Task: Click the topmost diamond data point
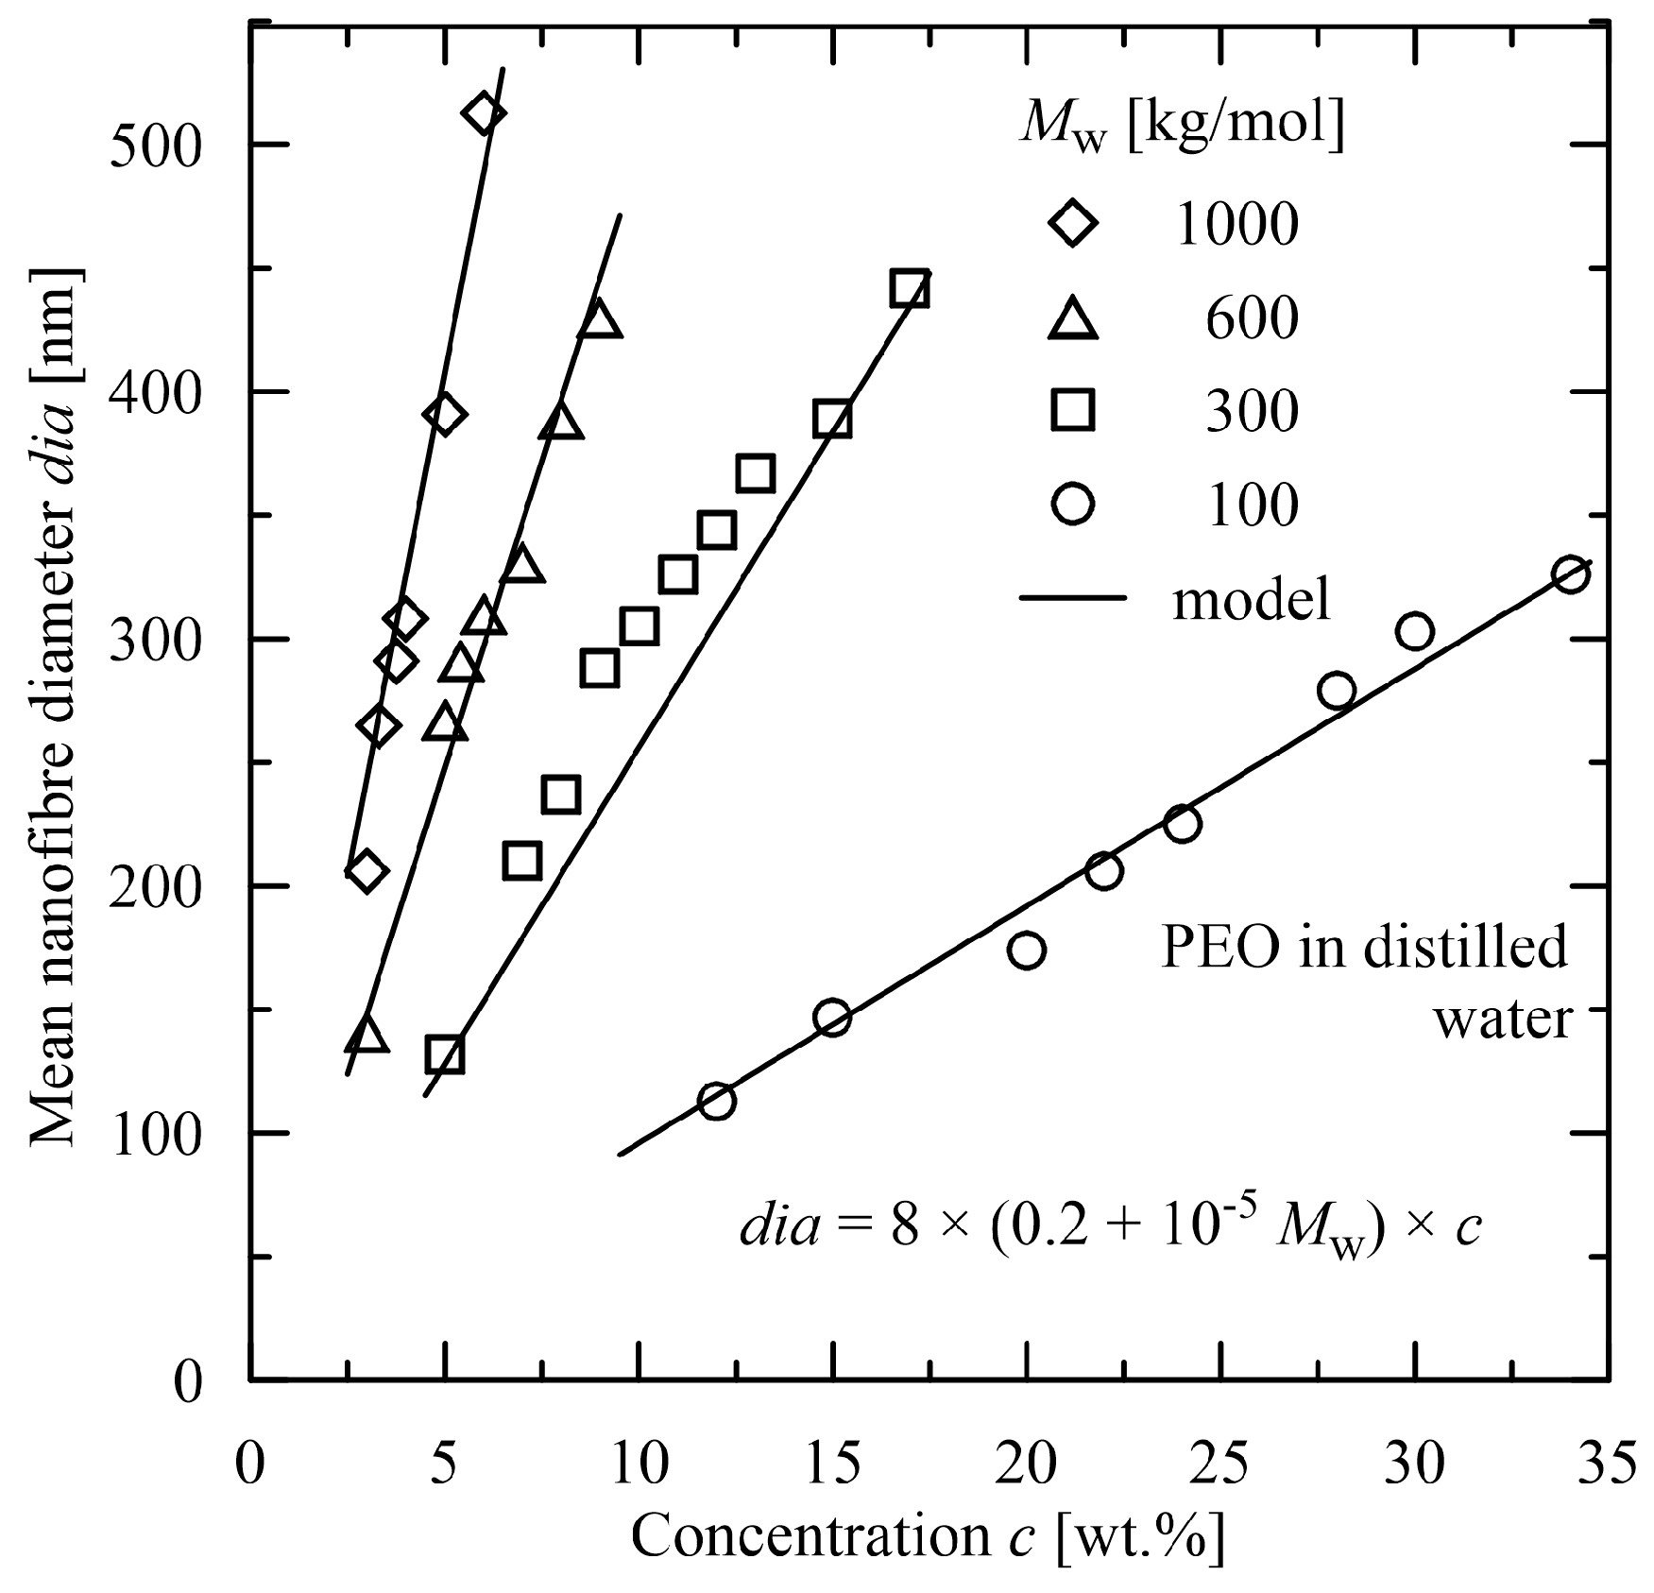[484, 113]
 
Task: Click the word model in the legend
[1252, 599]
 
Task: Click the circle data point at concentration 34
[1570, 574]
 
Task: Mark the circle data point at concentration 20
[1027, 950]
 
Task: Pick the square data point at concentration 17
[910, 289]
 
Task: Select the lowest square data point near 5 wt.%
[445, 1054]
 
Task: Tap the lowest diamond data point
[366, 871]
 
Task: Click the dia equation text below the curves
[1110, 1230]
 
